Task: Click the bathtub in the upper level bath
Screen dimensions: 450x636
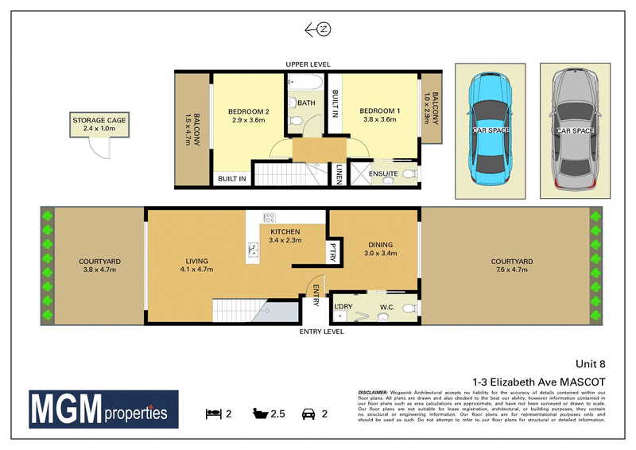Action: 304,83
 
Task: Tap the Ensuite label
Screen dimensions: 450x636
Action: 385,173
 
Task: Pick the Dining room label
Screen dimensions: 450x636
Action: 378,246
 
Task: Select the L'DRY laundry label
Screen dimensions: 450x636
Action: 344,307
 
